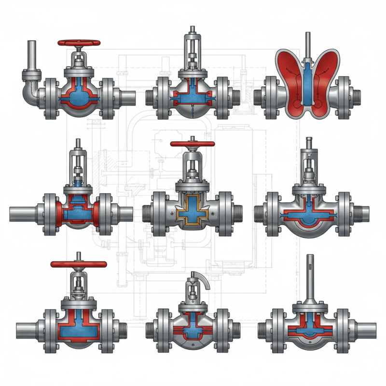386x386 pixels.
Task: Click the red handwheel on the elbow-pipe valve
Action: point(79,42)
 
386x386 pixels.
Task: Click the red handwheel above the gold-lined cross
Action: point(192,144)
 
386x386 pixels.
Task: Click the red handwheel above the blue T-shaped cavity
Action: point(78,264)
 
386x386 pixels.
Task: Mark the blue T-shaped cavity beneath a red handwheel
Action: point(77,328)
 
